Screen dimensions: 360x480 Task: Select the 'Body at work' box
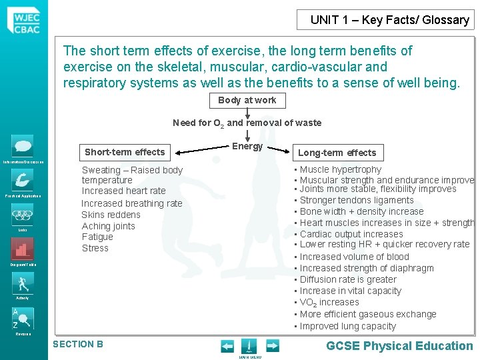click(x=247, y=101)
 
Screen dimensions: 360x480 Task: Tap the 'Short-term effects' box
click(x=125, y=152)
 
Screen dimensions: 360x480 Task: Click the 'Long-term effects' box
click(x=337, y=153)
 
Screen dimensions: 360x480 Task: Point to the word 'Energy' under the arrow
click(x=247, y=147)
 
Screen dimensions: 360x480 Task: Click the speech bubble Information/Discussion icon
click(x=22, y=145)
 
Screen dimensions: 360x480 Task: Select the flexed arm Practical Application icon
click(x=22, y=179)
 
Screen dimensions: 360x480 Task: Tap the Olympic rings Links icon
click(x=22, y=215)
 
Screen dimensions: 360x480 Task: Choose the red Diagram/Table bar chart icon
click(x=22, y=249)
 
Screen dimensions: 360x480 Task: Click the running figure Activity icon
click(x=22, y=283)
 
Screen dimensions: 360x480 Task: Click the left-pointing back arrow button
click(x=227, y=346)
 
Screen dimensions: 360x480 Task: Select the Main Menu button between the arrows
click(x=249, y=347)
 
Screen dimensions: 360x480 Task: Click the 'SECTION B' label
click(x=78, y=344)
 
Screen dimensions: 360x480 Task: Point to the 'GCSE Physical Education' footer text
click(x=399, y=345)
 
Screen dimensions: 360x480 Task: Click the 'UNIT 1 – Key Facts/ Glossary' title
click(x=389, y=20)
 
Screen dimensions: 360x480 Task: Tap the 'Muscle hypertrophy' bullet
click(x=341, y=169)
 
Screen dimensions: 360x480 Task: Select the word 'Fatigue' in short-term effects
click(x=97, y=237)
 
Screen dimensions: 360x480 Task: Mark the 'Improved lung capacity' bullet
click(x=347, y=326)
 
